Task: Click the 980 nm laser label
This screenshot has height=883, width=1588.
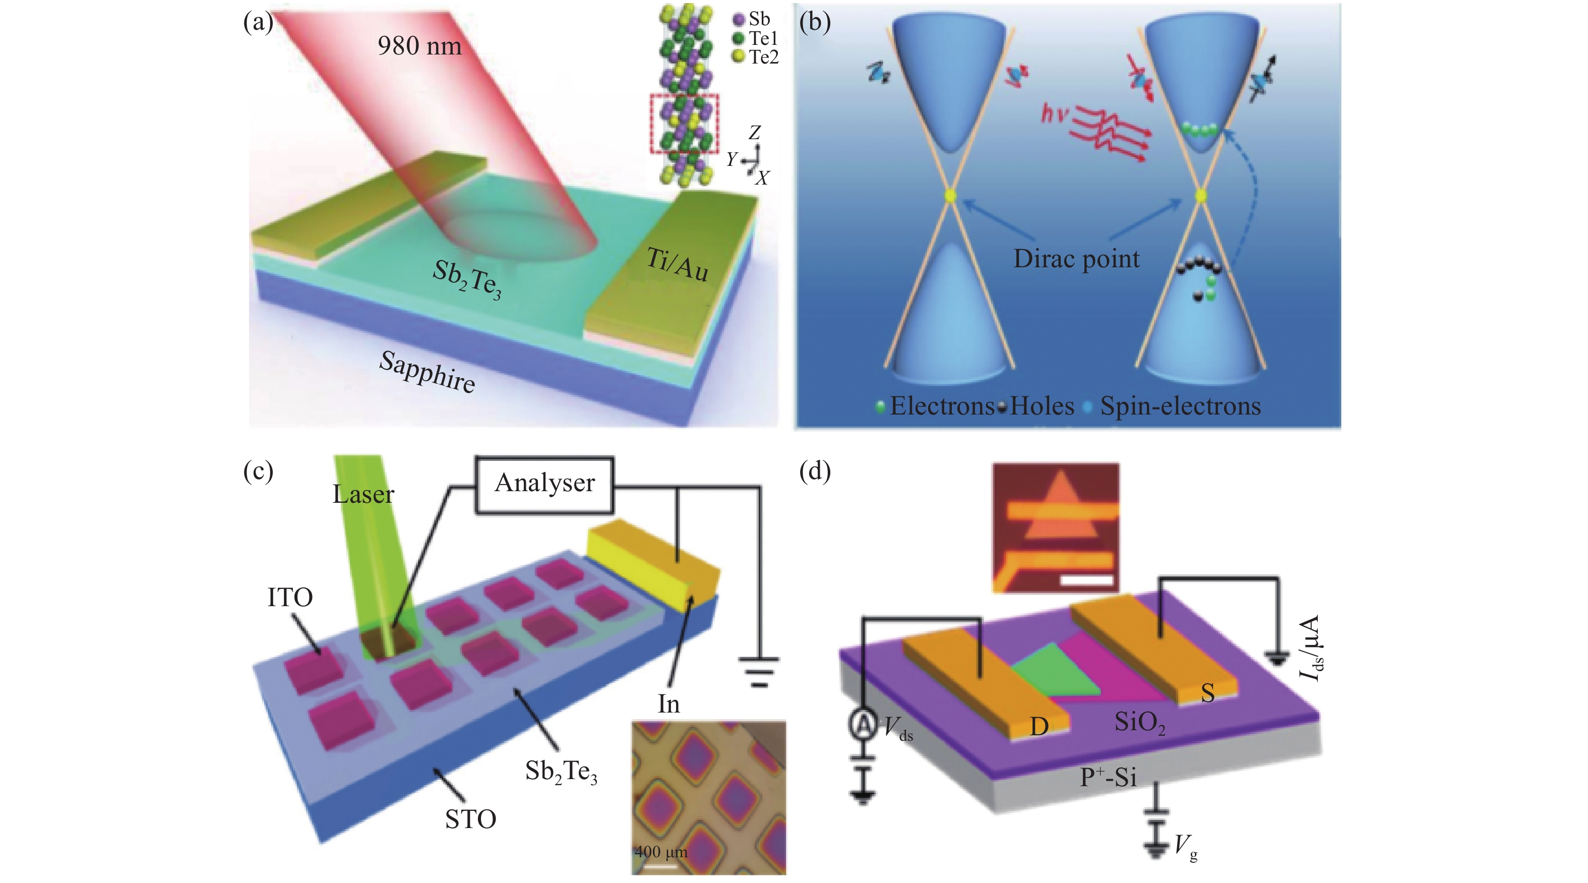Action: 419,46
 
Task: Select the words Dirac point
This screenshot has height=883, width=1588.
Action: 1076,259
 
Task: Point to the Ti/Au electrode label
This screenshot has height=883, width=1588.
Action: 678,266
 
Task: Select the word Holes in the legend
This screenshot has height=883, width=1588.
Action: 1042,406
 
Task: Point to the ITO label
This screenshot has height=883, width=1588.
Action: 290,598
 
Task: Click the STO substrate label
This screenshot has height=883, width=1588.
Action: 470,819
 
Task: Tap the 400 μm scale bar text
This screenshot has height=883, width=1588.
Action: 661,852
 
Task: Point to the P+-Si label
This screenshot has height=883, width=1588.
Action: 1108,778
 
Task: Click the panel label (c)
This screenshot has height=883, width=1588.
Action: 258,471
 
